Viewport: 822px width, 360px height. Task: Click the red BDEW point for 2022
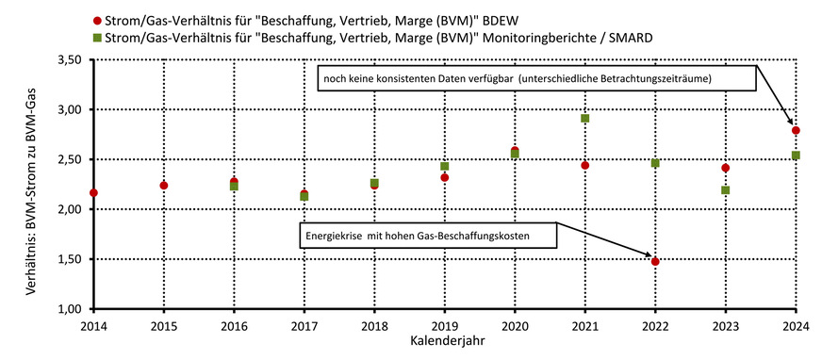[655, 261]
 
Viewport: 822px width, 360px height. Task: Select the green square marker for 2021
[585, 119]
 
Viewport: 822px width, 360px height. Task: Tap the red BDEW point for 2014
[93, 193]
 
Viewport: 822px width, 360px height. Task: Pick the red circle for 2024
[796, 131]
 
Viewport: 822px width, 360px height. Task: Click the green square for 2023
[726, 190]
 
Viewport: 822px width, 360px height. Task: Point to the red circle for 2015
[164, 186]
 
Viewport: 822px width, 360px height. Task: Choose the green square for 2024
[796, 155]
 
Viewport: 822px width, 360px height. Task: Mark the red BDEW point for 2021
[585, 166]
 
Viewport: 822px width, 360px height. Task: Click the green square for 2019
[445, 167]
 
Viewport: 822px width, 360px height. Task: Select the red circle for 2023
[726, 169]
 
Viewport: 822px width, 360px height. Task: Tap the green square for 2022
[655, 163]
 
